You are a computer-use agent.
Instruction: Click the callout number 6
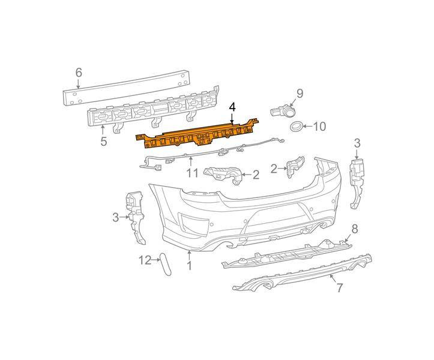tap(79, 73)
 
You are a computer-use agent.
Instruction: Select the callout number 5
tap(103, 141)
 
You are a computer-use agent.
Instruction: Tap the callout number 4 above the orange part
tap(232, 107)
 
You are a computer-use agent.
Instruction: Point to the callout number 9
tap(300, 94)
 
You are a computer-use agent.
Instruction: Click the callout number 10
tap(320, 127)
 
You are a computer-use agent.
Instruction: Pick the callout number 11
tap(192, 173)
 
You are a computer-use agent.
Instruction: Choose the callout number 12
tap(145, 260)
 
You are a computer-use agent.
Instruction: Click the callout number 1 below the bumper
tap(189, 266)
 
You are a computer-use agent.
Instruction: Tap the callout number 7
tap(339, 288)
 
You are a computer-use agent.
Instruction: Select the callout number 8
tap(355, 229)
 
